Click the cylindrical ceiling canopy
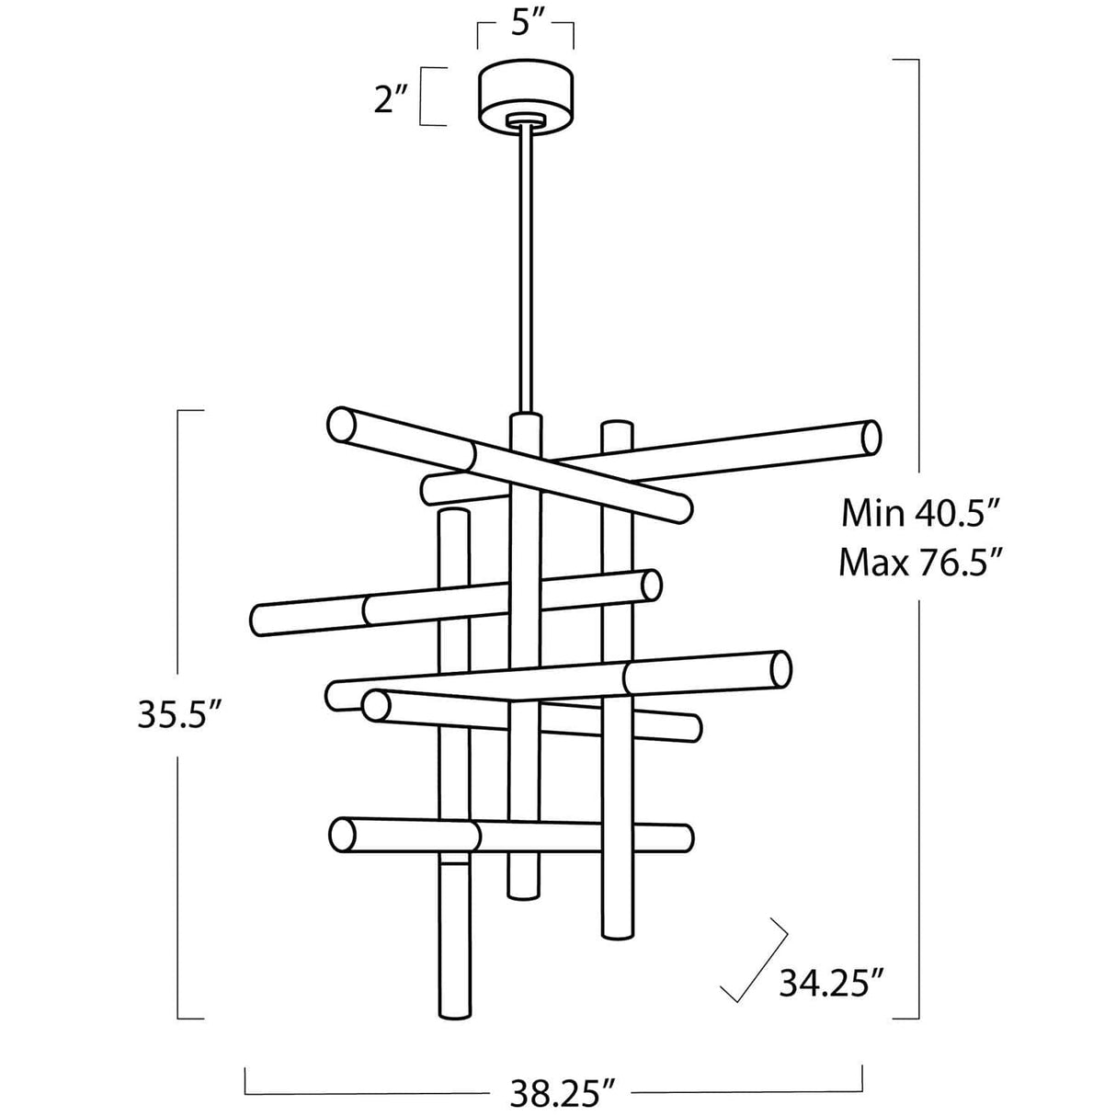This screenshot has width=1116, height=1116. (x=525, y=97)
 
